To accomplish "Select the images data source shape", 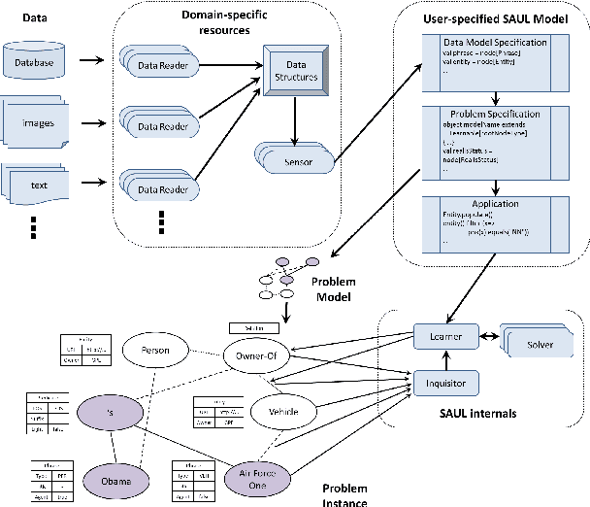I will click(x=37, y=123).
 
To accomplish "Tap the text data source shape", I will click(x=37, y=182).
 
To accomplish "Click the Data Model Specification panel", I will click(x=494, y=61).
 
